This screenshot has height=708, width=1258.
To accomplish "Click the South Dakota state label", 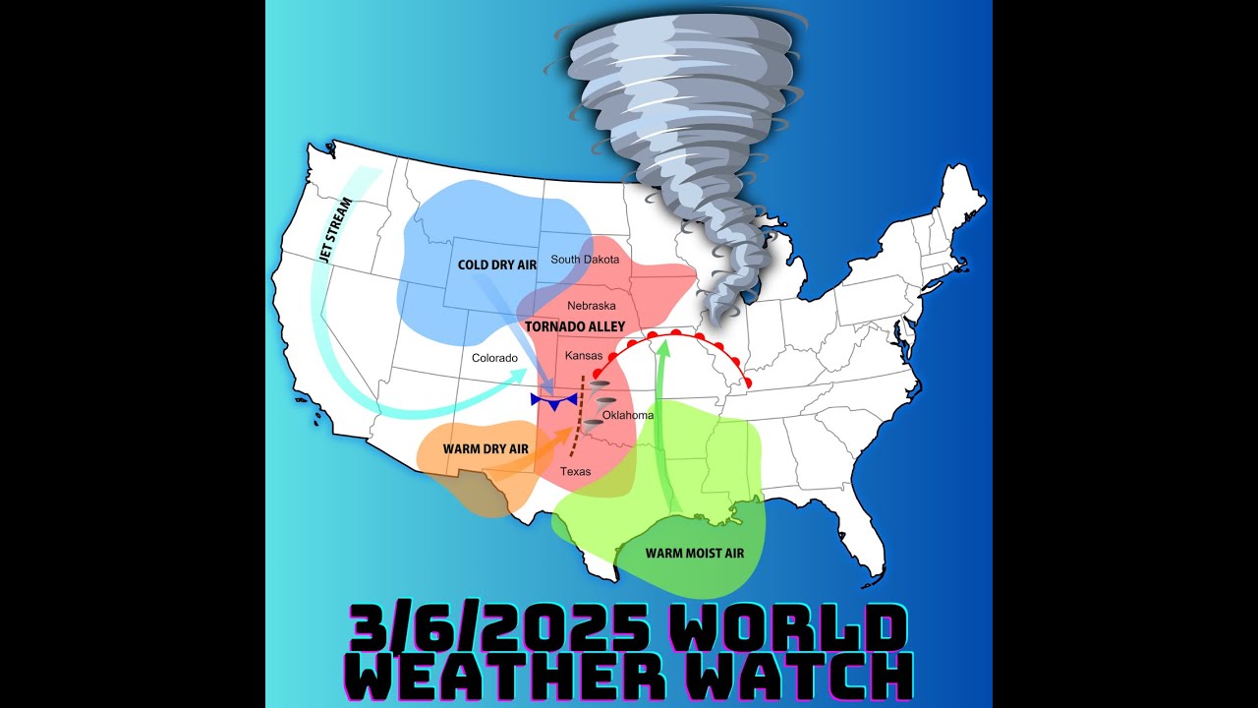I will coord(585,260).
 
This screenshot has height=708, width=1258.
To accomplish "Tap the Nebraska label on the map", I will coord(592,306).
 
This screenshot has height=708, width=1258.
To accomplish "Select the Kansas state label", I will coord(584,355).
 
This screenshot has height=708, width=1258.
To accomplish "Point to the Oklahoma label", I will coord(628,415).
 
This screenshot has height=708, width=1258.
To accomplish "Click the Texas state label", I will coord(576,472).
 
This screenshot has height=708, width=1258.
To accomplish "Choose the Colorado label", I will coord(494,358).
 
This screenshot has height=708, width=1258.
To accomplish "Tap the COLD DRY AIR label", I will coord(497,265).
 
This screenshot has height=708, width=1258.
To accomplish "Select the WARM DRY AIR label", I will coord(486,449).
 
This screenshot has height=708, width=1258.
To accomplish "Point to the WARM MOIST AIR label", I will coord(695,554).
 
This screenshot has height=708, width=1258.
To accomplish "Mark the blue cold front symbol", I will coord(552,400).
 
